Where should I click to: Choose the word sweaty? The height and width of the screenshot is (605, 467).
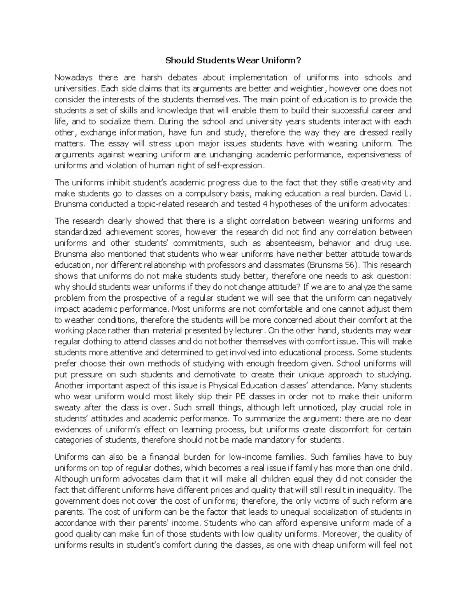pyautogui.click(x=67, y=408)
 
